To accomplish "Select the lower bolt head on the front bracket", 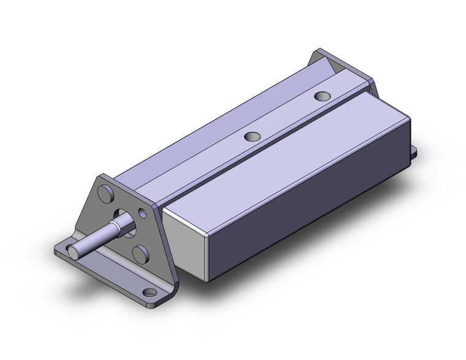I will (141, 253).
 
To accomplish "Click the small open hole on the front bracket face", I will (143, 213).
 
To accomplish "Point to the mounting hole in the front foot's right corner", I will (147, 293).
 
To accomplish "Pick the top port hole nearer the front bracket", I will (251, 137).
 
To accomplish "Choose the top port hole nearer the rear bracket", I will (321, 96).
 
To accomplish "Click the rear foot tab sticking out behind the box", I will (413, 150).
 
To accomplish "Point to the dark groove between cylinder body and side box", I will (258, 153).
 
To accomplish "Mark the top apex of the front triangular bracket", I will (101, 178).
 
